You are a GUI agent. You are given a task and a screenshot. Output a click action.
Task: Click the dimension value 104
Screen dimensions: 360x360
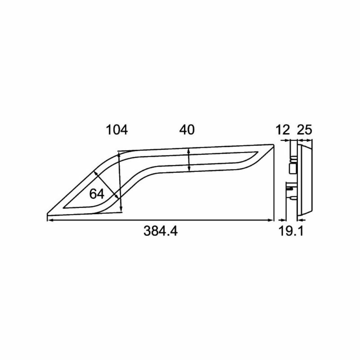point(117,130)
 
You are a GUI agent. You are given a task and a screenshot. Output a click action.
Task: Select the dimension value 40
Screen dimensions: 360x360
point(187,130)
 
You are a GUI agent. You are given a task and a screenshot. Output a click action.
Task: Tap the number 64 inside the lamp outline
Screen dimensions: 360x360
point(97,194)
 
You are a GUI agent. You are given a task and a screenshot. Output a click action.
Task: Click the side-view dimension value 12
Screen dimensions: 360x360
point(283,130)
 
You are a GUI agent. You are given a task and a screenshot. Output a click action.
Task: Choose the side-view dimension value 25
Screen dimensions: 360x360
point(305,130)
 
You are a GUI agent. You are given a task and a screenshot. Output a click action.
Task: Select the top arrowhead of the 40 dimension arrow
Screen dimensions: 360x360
point(189,151)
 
